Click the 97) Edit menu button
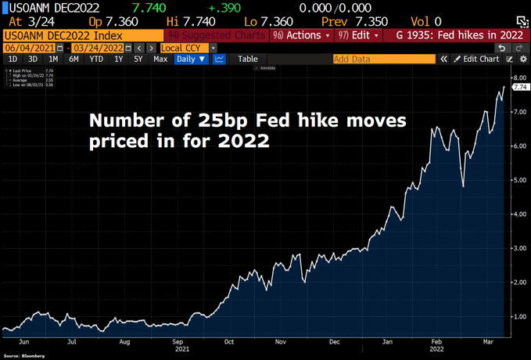pyautogui.click(x=359, y=35)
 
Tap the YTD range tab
pyautogui.click(x=96, y=59)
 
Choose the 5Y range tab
pyautogui.click(x=138, y=59)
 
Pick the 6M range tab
pyautogui.click(x=74, y=59)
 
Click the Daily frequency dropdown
pyautogui.click(x=191, y=59)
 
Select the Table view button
pyautogui.click(x=247, y=59)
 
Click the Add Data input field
pyautogui.click(x=383, y=59)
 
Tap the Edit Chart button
pyautogui.click(x=477, y=59)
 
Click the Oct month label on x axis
pyautogui.click(x=228, y=342)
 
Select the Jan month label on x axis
pyautogui.click(x=387, y=342)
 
